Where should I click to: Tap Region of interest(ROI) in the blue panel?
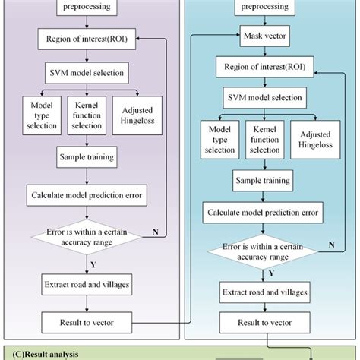coord(263,66)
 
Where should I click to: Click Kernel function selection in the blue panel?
coord(263,138)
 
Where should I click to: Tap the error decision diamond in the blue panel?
coord(263,250)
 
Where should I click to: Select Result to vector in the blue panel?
coord(263,323)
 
